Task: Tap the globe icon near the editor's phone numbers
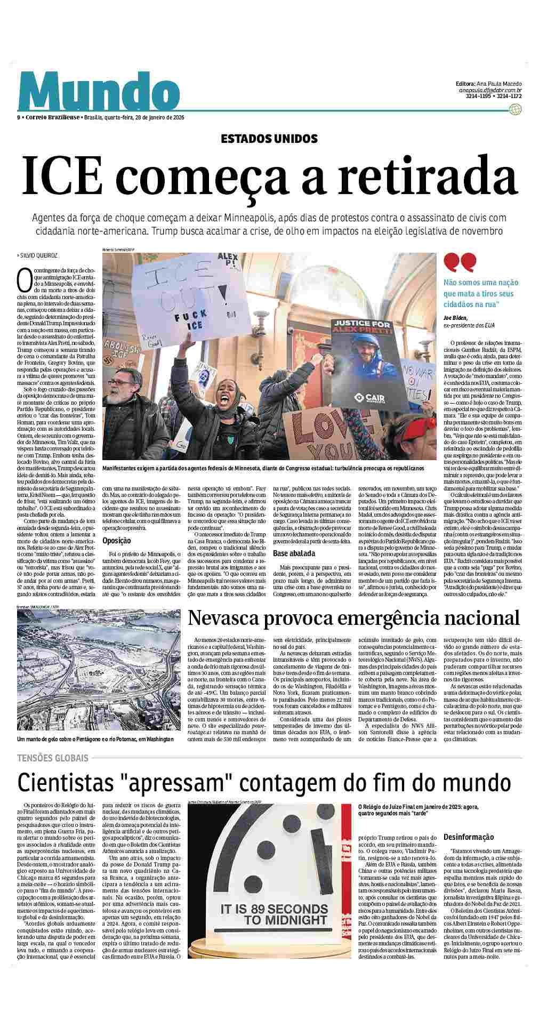coord(514,109)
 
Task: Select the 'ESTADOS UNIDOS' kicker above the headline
coord(269,139)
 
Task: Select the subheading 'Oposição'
coord(117,540)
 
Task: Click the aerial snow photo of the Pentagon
coord(98,671)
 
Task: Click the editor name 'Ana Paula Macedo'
coord(498,84)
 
